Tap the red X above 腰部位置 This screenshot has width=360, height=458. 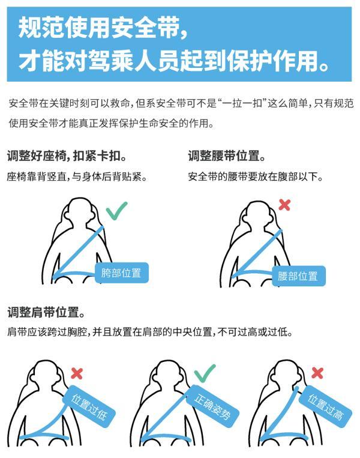[284, 205]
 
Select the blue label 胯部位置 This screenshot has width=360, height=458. [121, 273]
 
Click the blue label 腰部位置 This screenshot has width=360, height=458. [298, 276]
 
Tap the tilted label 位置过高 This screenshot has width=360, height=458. [325, 406]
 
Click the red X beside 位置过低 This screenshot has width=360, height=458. [77, 373]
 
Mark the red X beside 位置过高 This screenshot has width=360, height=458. [317, 373]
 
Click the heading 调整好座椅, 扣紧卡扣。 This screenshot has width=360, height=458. [67, 157]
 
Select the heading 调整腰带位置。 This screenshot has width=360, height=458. [227, 157]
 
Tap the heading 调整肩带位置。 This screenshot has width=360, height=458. [46, 313]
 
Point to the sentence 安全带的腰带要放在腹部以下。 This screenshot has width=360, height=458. [256, 177]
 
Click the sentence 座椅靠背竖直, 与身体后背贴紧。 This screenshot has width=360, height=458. [77, 177]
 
